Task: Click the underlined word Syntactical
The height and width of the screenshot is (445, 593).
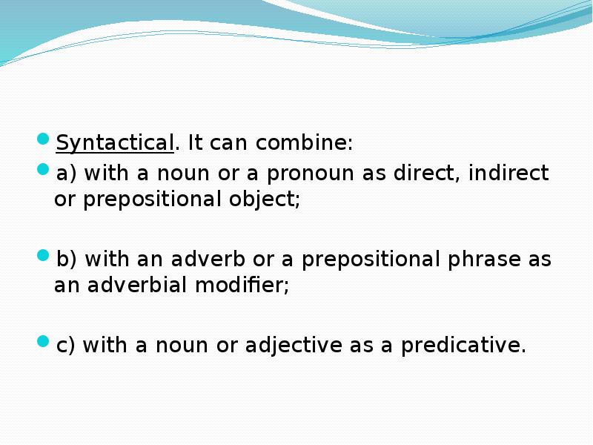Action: click(x=115, y=142)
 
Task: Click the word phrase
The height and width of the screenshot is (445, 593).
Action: click(x=477, y=260)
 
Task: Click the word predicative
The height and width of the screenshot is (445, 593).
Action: click(x=463, y=346)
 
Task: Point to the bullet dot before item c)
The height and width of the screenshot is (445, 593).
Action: click(x=44, y=342)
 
